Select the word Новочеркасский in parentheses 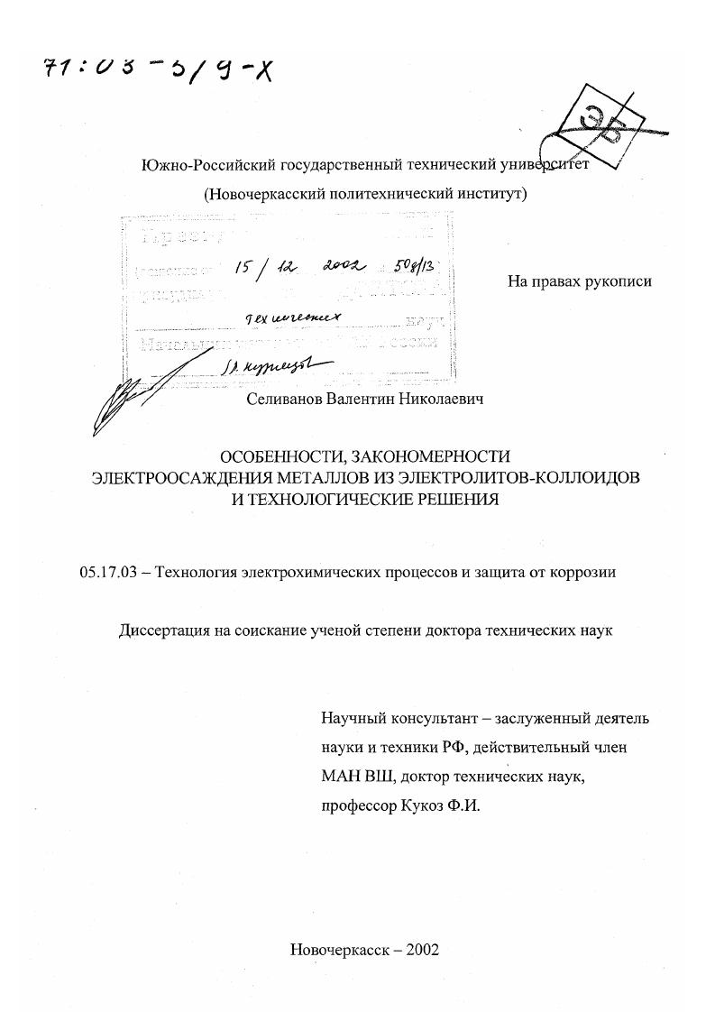click(x=260, y=193)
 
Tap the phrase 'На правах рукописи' click(x=580, y=281)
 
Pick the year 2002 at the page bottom click(x=423, y=950)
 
